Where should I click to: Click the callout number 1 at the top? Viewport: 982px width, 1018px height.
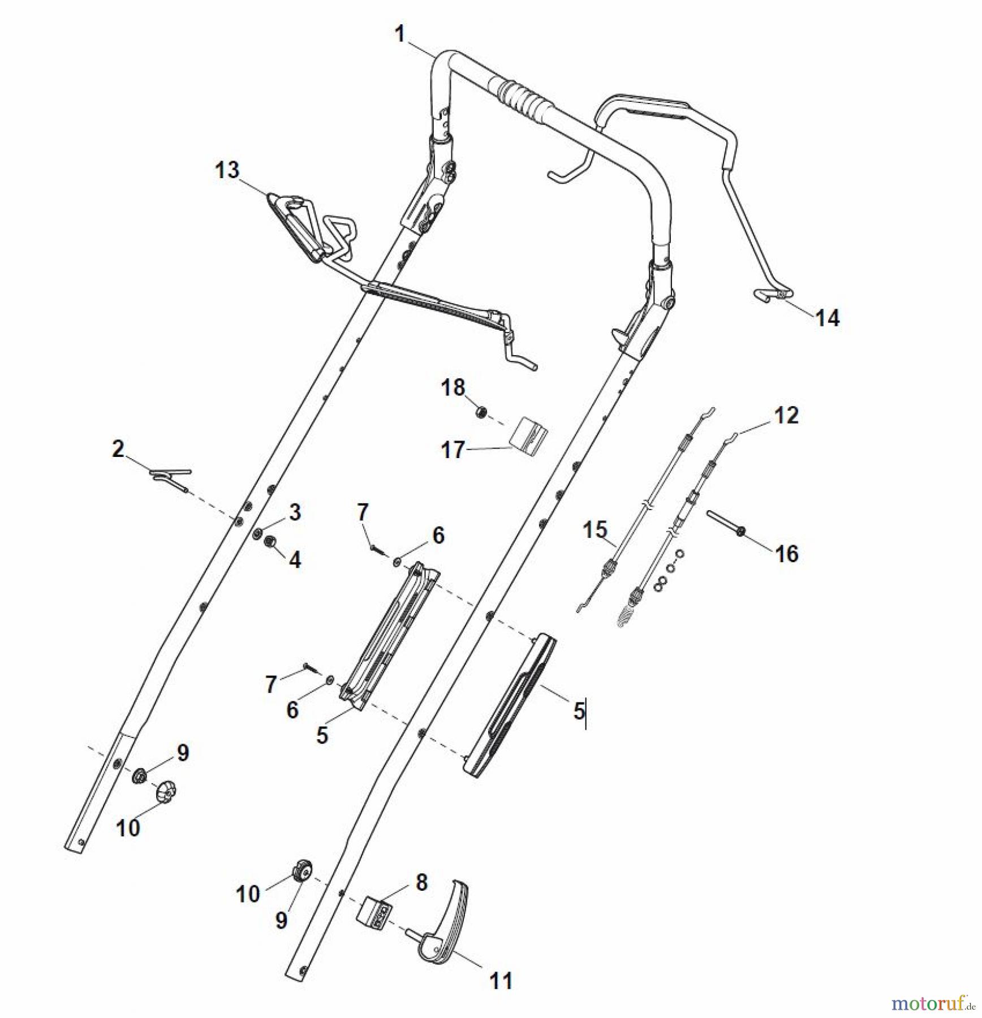400,34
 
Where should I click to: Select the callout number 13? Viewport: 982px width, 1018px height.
227,170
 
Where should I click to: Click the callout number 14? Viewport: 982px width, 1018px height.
827,318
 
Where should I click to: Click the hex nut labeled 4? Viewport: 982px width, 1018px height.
270,541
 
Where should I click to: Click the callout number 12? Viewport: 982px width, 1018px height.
786,415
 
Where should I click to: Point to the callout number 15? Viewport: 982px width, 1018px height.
595,530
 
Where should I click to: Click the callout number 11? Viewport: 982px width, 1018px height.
501,980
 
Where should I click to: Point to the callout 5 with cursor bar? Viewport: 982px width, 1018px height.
579,711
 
